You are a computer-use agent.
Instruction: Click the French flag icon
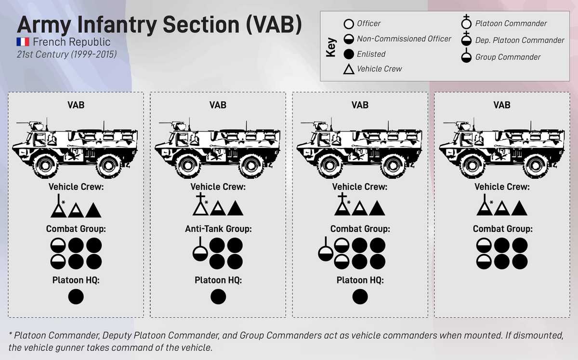coord(23,42)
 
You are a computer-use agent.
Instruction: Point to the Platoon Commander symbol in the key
coord(466,24)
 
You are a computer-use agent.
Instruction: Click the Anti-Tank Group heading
coord(218,229)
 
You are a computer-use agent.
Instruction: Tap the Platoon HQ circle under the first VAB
coord(76,296)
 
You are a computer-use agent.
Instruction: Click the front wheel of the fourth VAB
coord(467,165)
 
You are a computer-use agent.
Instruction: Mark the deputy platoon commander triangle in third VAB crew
coord(342,208)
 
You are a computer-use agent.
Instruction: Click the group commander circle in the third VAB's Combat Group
coord(326,253)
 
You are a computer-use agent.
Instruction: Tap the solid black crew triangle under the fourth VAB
coord(519,209)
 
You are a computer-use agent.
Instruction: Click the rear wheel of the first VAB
coord(107,165)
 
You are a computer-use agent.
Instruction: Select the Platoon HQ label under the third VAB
coord(360,280)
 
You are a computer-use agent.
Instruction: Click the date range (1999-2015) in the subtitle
coord(93,54)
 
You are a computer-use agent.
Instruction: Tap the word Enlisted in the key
coord(371,54)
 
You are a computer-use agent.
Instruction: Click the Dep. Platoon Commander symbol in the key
coord(466,40)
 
